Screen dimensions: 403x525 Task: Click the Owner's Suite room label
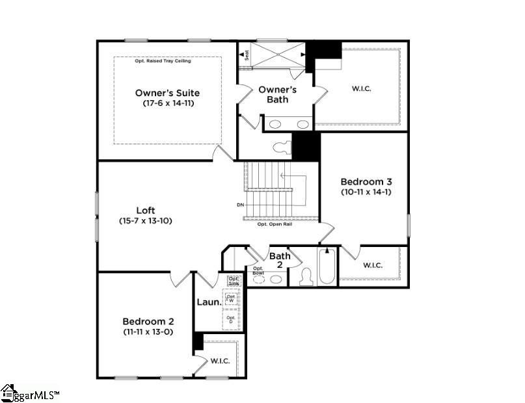point(167,93)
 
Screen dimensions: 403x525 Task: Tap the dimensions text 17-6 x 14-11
point(168,103)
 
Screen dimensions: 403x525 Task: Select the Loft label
point(145,210)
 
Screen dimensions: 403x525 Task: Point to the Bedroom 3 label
point(366,181)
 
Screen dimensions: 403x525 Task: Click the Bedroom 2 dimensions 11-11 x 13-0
point(148,332)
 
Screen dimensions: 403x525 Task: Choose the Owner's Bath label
point(278,94)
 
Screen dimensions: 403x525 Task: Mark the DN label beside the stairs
point(241,205)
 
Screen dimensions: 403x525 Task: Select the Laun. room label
point(208,302)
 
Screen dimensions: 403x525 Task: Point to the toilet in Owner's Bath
point(284,147)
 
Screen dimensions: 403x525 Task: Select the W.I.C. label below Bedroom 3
point(372,265)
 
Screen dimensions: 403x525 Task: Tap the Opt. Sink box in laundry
point(234,280)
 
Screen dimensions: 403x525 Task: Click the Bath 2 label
point(280,260)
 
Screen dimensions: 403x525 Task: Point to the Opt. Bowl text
point(258,270)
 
